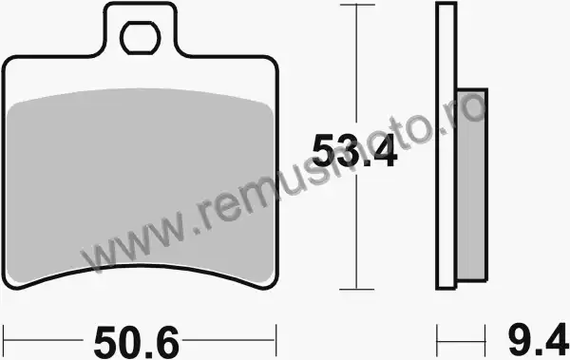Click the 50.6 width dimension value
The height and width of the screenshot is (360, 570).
136,342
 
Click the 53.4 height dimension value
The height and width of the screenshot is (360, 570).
354,150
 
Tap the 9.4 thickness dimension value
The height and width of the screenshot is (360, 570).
538,342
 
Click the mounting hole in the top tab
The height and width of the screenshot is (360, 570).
140,38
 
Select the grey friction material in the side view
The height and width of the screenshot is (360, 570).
472,184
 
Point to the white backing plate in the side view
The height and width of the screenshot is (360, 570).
446,145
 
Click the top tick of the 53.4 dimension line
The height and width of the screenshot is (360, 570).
357,5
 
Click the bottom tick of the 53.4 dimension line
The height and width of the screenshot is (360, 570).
357,290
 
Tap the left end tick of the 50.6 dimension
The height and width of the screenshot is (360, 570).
3,340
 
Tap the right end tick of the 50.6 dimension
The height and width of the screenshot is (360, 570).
276,340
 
